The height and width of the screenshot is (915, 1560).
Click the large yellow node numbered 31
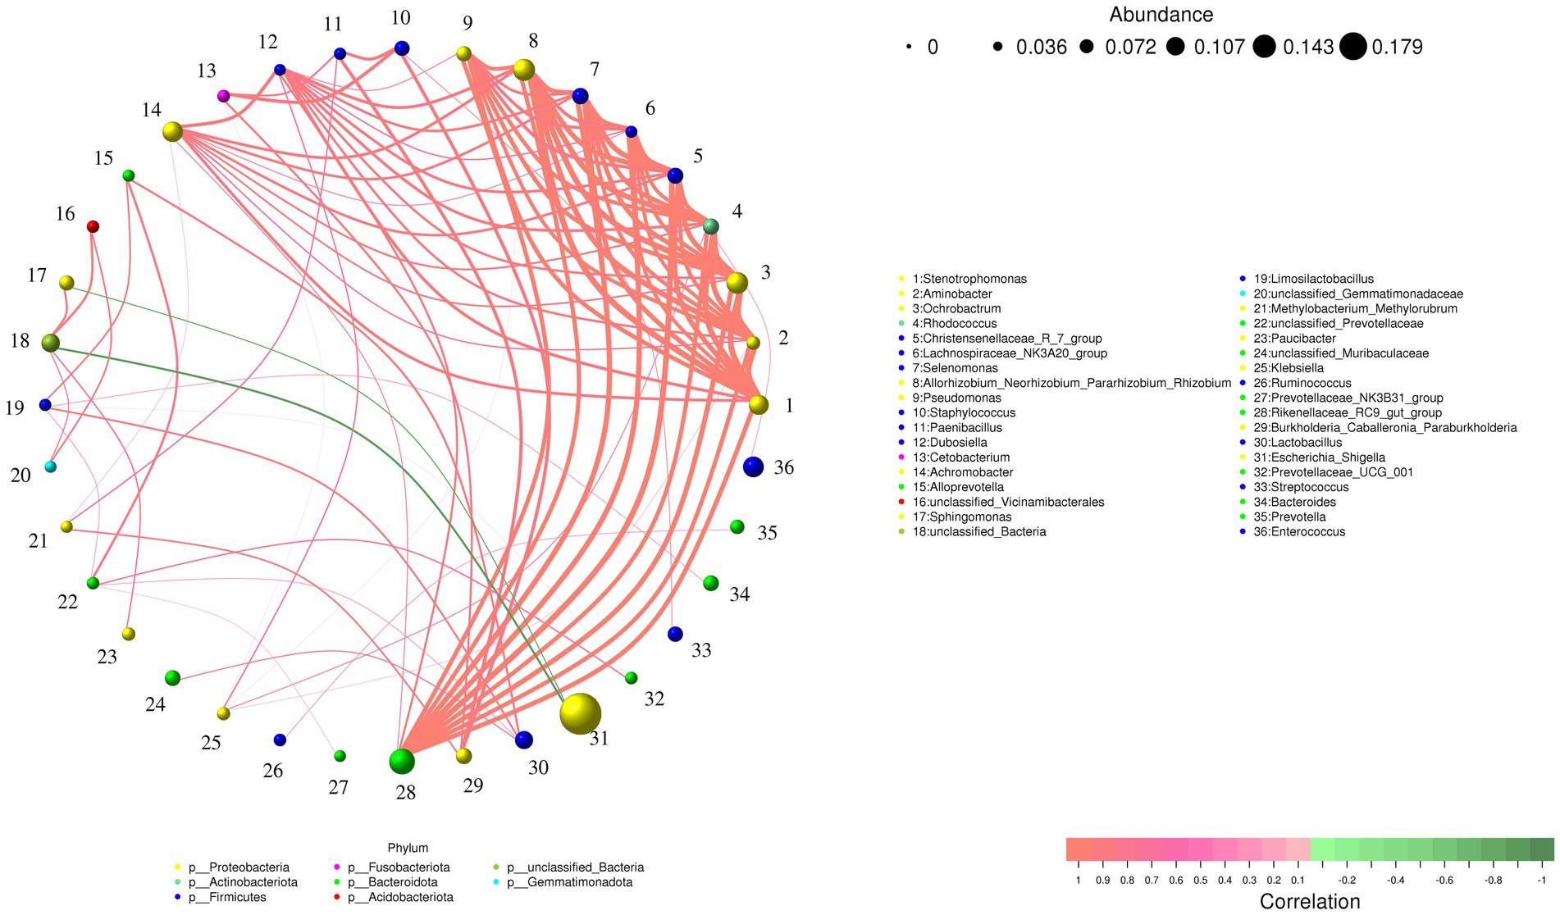580,713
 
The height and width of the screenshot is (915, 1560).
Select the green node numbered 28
401,762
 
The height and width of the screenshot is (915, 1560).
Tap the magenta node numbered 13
223,96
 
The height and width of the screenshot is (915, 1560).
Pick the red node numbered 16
93,226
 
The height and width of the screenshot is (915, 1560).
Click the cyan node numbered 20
50,467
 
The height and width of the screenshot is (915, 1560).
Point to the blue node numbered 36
753,467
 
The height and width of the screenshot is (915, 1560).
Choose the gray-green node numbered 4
711,226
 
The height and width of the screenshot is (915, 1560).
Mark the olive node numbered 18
50,343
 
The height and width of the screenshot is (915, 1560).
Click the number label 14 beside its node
152,110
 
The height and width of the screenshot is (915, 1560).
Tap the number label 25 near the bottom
211,743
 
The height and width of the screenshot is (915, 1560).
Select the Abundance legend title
1161,15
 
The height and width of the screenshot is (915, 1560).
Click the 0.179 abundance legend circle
1353,47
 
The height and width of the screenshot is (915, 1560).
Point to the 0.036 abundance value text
1042,48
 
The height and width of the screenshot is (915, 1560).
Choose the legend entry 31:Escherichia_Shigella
1319,457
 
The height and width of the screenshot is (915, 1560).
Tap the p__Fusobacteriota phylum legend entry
398,867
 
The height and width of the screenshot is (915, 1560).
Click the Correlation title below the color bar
1310,901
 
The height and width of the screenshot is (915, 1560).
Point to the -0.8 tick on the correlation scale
1493,880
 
